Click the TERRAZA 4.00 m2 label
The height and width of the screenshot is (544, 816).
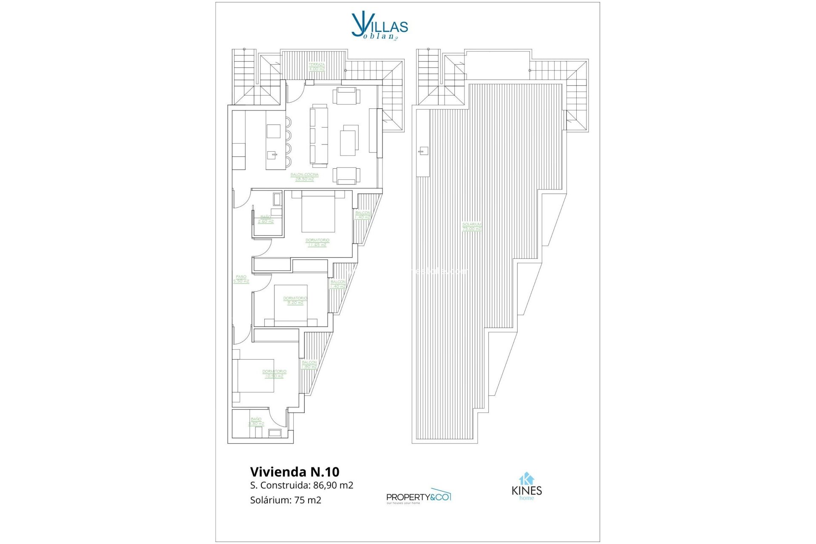click(317, 67)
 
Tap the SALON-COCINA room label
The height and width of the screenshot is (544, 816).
click(304, 177)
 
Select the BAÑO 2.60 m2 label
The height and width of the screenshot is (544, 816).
click(266, 219)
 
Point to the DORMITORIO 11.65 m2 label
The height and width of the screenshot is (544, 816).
click(317, 243)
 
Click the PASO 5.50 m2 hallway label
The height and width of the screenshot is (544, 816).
click(241, 279)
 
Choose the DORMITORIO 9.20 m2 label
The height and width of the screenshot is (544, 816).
click(295, 300)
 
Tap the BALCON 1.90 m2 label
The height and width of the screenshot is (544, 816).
click(309, 365)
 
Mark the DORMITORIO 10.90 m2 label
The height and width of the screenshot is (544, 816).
click(274, 374)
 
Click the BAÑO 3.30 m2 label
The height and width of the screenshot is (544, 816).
click(256, 422)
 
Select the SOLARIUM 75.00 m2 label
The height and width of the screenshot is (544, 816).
click(472, 227)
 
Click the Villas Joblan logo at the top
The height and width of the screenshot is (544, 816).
click(380, 26)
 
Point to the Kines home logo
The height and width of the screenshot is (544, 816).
click(527, 487)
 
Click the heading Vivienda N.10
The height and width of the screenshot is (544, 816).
click(295, 472)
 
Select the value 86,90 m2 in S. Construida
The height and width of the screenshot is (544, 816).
click(333, 485)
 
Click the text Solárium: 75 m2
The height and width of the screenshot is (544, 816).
click(286, 500)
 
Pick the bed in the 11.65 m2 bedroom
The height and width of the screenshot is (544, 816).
click(318, 212)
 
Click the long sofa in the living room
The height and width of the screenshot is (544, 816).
click(319, 135)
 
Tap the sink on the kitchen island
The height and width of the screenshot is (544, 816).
click(274, 155)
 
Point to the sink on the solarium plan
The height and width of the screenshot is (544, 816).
click(423, 151)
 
